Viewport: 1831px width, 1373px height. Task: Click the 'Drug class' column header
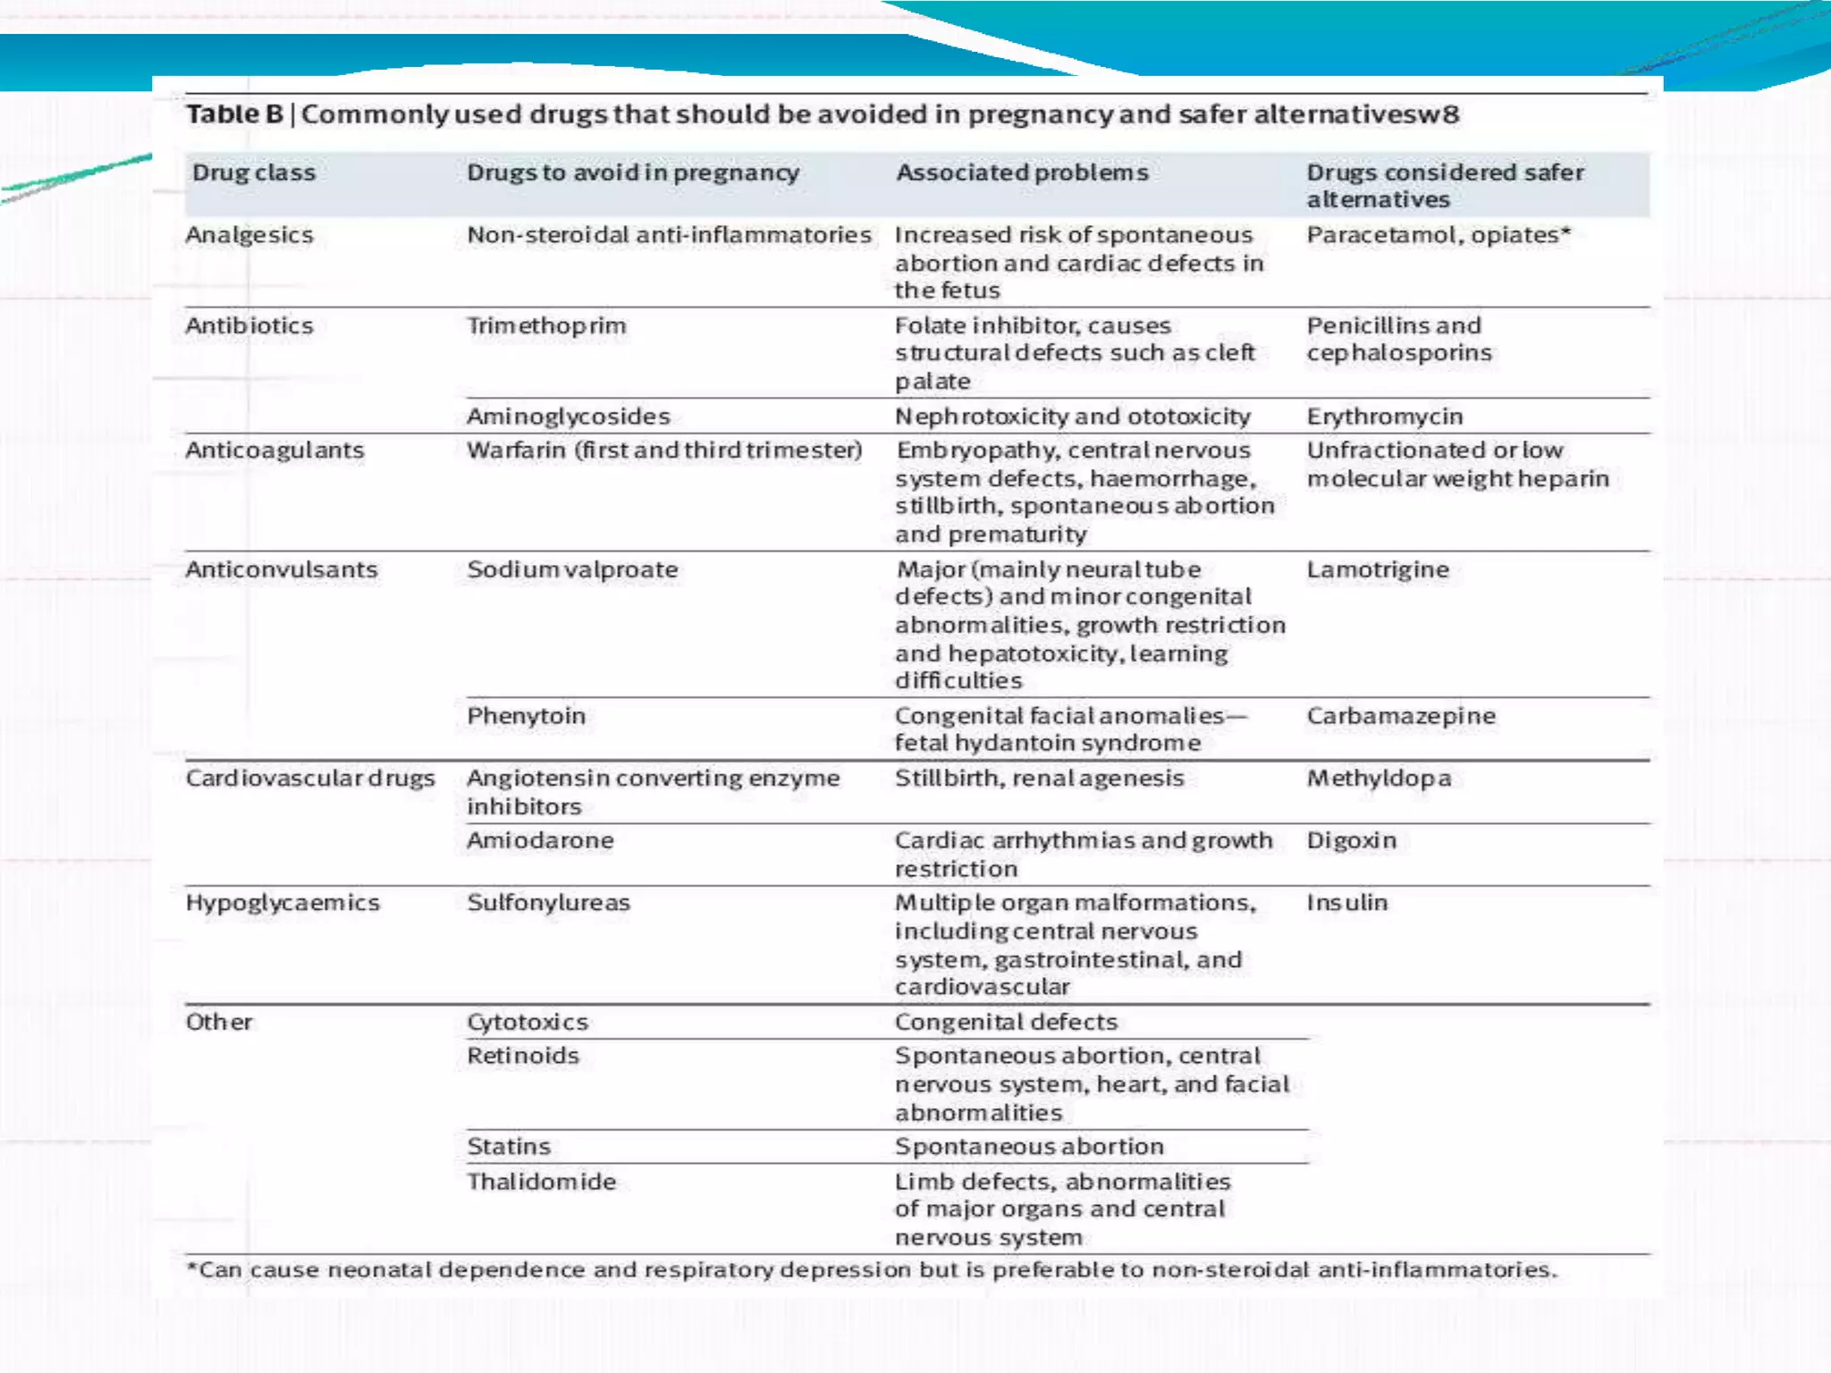click(254, 173)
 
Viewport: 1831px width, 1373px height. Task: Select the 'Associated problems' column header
click(1022, 173)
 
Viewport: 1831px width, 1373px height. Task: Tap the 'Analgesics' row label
click(249, 235)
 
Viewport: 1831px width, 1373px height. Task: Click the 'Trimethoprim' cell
click(546, 326)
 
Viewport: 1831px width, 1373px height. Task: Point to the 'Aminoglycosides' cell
click(568, 417)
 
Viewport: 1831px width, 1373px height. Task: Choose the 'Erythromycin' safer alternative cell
click(1384, 417)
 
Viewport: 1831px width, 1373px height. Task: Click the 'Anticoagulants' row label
click(274, 451)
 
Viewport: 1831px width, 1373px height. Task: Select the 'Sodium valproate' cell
click(572, 570)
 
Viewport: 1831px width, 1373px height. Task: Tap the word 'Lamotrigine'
click(1377, 570)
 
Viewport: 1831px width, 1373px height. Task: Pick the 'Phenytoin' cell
click(526, 716)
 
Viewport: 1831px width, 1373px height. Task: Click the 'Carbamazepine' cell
click(1400, 716)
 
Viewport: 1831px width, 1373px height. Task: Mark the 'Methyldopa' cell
click(1379, 779)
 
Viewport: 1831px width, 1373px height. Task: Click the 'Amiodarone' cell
click(540, 841)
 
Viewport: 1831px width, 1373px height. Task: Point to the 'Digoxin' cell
click(1351, 841)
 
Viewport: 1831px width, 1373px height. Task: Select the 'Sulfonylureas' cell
click(548, 903)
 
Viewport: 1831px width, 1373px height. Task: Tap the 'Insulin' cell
click(1346, 903)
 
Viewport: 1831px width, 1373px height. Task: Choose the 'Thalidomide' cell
click(541, 1182)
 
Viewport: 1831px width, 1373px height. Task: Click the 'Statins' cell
click(508, 1147)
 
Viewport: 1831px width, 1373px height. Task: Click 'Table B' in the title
click(234, 114)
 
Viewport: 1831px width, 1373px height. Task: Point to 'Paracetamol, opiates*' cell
click(1438, 235)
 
